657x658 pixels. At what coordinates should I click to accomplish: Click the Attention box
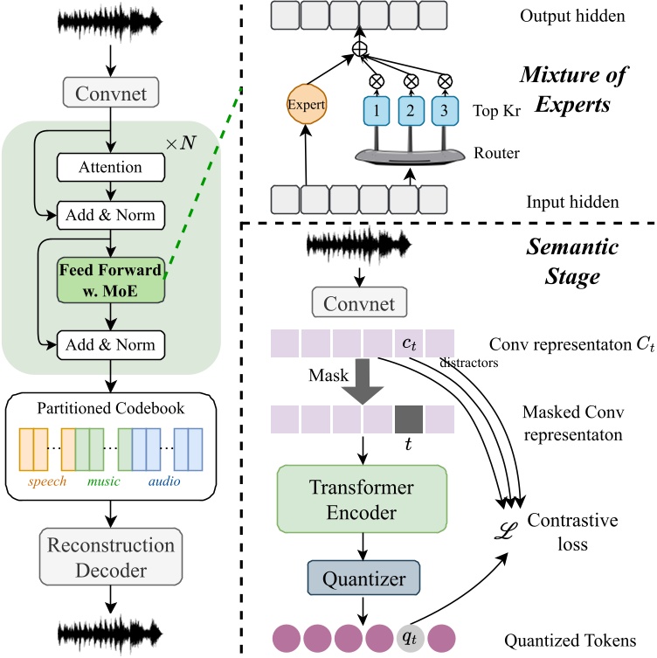pyautogui.click(x=110, y=166)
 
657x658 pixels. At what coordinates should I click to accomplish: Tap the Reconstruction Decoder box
pyautogui.click(x=110, y=558)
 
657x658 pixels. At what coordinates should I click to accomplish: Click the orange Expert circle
pyautogui.click(x=307, y=105)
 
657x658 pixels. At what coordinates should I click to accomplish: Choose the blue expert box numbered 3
pyautogui.click(x=444, y=113)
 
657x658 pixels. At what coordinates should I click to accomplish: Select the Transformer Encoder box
pyautogui.click(x=362, y=499)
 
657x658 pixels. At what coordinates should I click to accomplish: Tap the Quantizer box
pyautogui.click(x=362, y=578)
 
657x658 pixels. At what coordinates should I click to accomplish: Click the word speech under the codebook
pyautogui.click(x=47, y=481)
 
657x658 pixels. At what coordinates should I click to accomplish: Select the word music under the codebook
pyautogui.click(x=103, y=481)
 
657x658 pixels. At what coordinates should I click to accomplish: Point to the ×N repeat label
pyautogui.click(x=182, y=142)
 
